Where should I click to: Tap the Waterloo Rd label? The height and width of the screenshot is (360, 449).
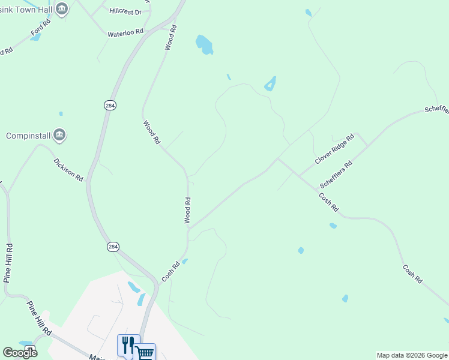(x=125, y=32)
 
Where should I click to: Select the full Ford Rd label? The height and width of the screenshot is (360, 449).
(x=41, y=26)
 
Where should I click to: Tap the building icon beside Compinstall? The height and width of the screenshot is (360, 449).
(x=59, y=135)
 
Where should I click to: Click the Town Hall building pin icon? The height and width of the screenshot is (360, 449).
(x=61, y=8)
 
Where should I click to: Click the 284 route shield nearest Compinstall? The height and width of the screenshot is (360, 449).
(x=109, y=105)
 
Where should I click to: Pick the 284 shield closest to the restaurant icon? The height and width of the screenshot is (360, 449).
(x=113, y=247)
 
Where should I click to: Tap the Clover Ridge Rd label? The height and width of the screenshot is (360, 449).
(x=335, y=149)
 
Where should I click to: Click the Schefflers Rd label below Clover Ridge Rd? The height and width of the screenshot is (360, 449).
(x=336, y=175)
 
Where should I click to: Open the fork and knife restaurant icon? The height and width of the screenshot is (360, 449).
(x=128, y=345)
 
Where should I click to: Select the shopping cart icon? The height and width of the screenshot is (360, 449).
(x=145, y=352)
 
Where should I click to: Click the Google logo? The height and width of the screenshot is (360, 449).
(x=20, y=353)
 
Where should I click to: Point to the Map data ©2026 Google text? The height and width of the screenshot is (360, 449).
(x=412, y=355)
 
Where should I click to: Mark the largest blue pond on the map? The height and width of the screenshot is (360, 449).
(x=204, y=44)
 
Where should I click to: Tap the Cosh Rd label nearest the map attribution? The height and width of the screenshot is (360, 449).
(x=412, y=274)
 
